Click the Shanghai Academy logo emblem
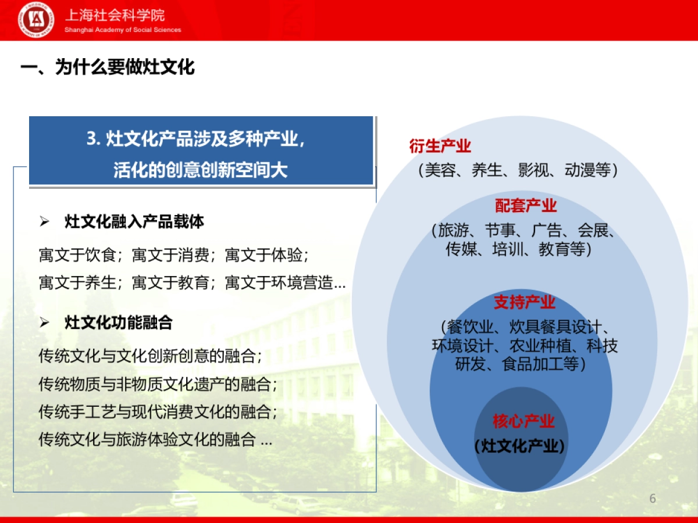pyautogui.click(x=36, y=20)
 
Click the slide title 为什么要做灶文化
pyautogui.click(x=108, y=67)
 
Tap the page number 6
pyautogui.click(x=653, y=499)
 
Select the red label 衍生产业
pyautogui.click(x=440, y=146)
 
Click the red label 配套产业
pyautogui.click(x=526, y=206)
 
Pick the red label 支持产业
pyautogui.click(x=525, y=302)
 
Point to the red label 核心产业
pyautogui.click(x=523, y=421)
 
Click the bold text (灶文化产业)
pyautogui.click(x=520, y=446)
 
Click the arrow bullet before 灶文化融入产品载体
pyautogui.click(x=45, y=222)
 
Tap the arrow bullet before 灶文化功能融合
pyautogui.click(x=45, y=323)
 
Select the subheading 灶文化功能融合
pyautogui.click(x=119, y=323)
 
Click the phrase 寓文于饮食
pyautogui.click(x=79, y=255)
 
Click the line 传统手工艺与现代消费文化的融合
pyautogui.click(x=157, y=412)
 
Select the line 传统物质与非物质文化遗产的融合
pyautogui.click(x=157, y=384)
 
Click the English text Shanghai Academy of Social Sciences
pyautogui.click(x=123, y=30)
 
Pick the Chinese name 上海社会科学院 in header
pyautogui.click(x=115, y=16)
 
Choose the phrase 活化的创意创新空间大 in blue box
pyautogui.click(x=201, y=170)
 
